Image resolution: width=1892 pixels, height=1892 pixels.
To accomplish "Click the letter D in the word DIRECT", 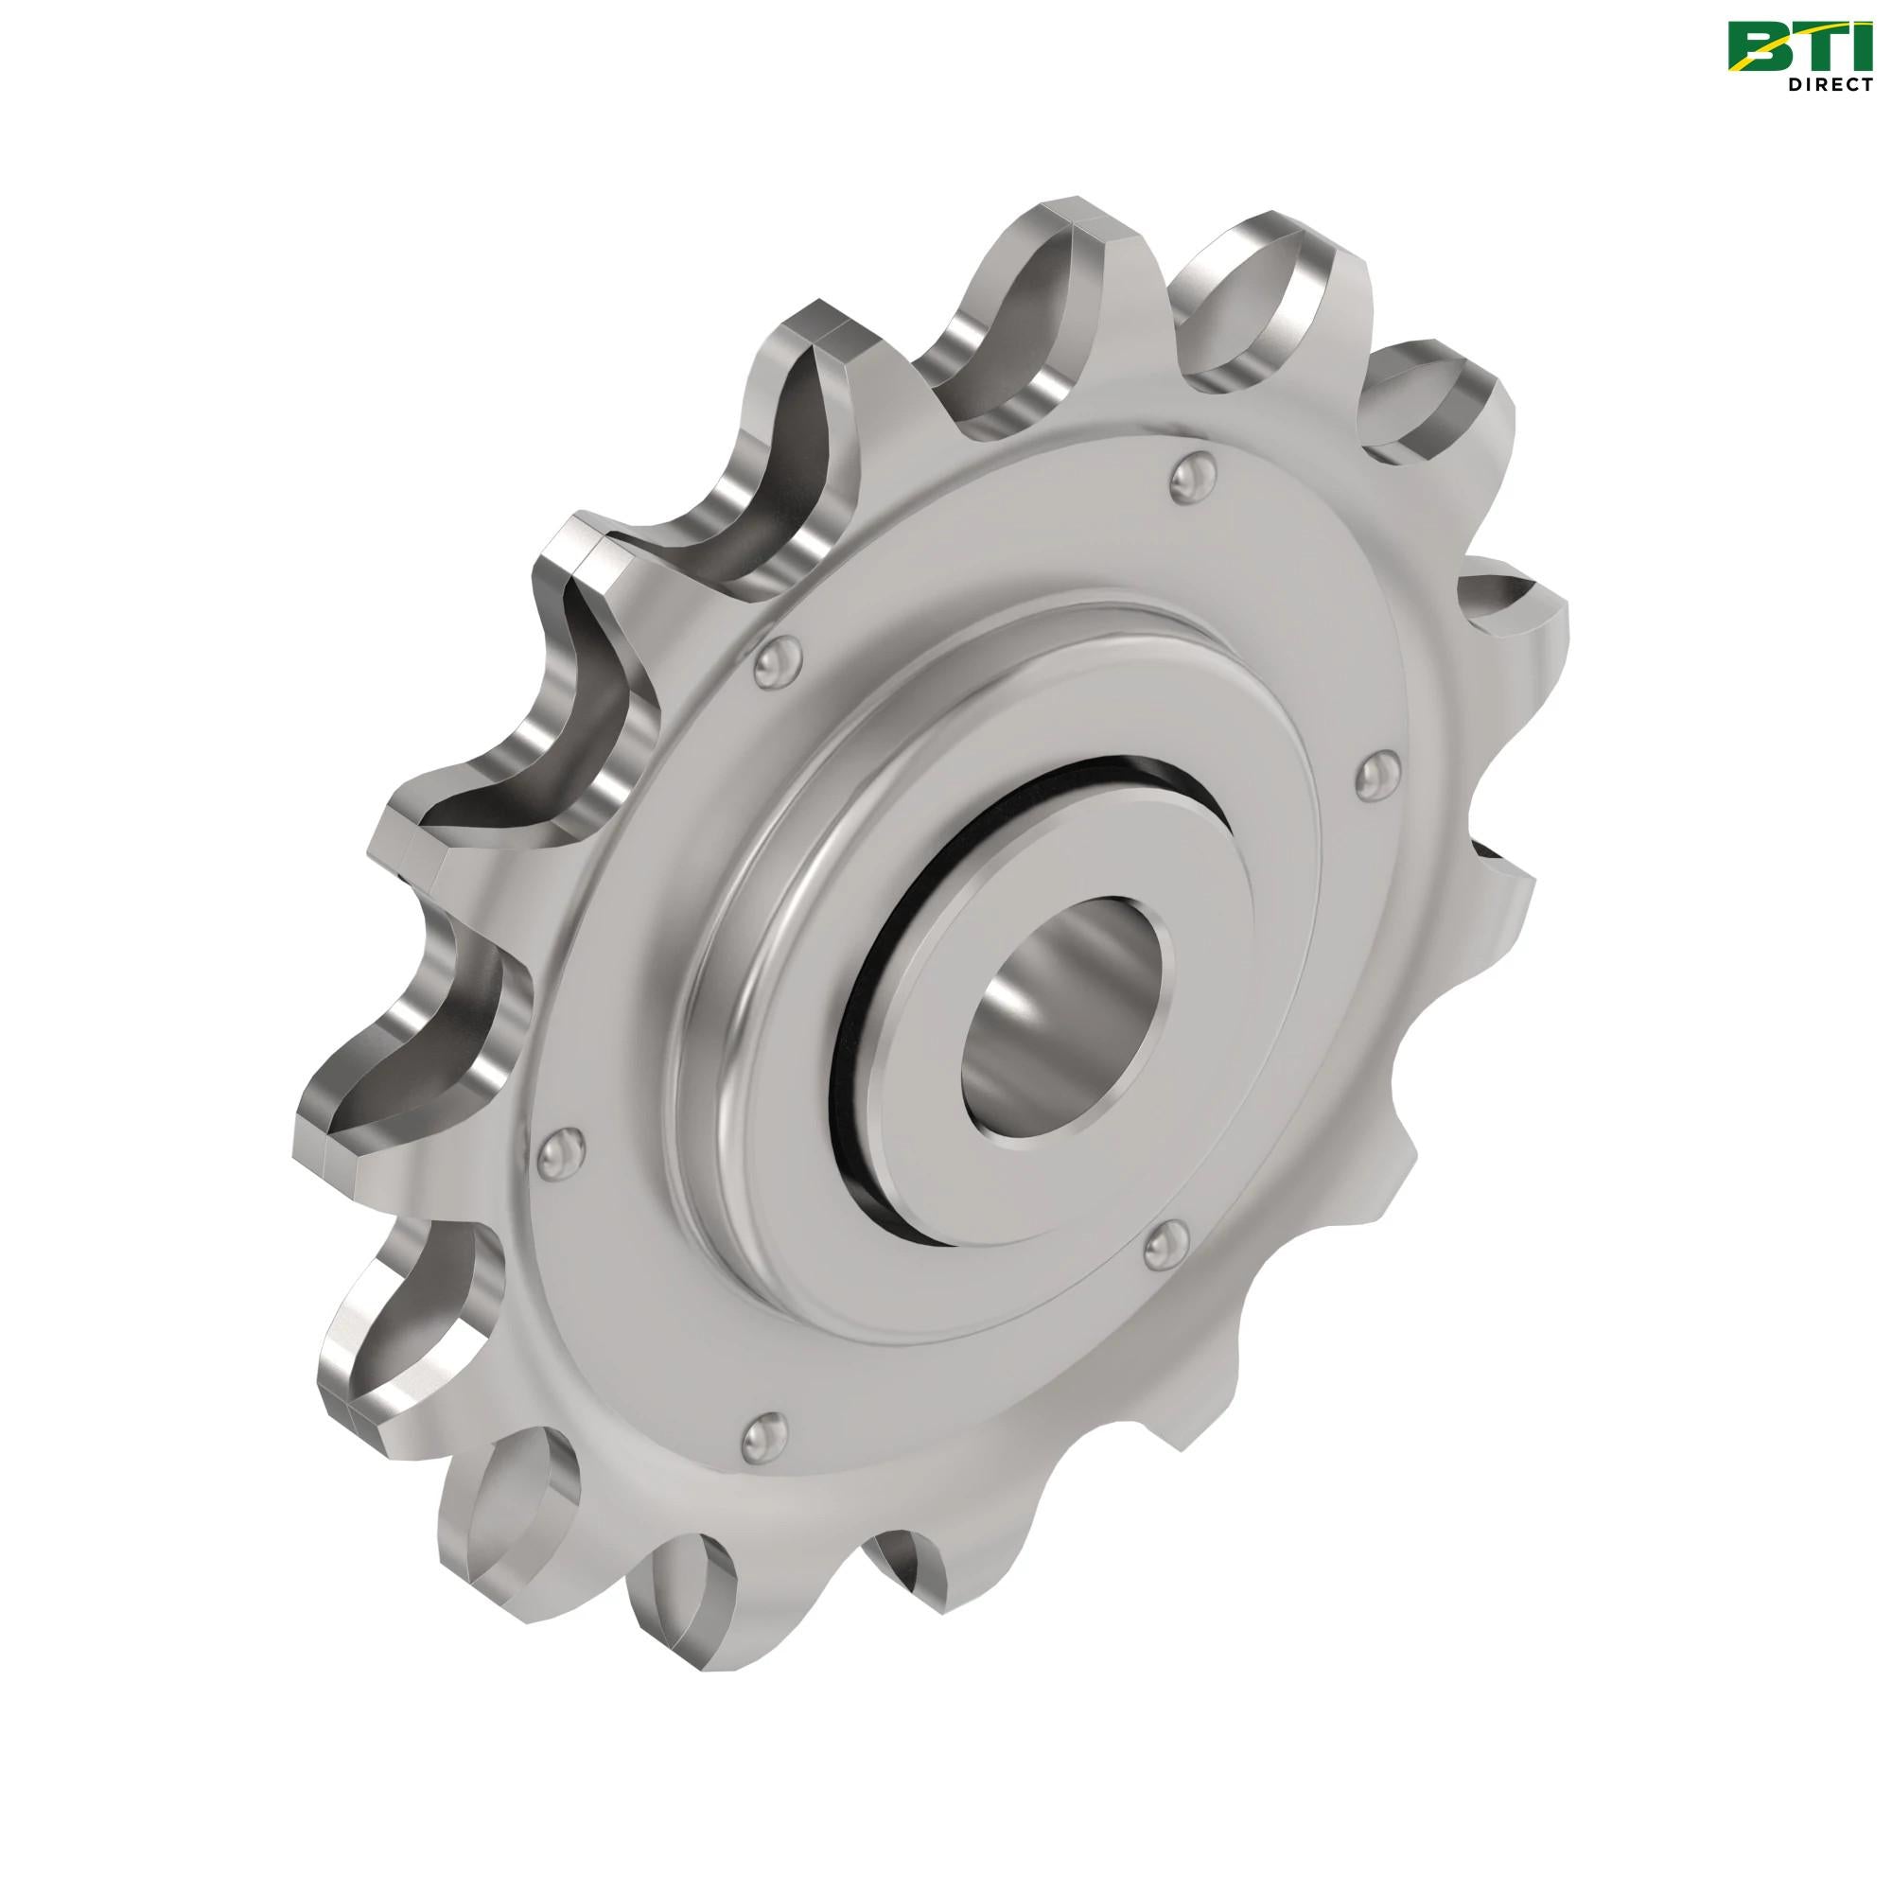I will tap(1793, 85).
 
